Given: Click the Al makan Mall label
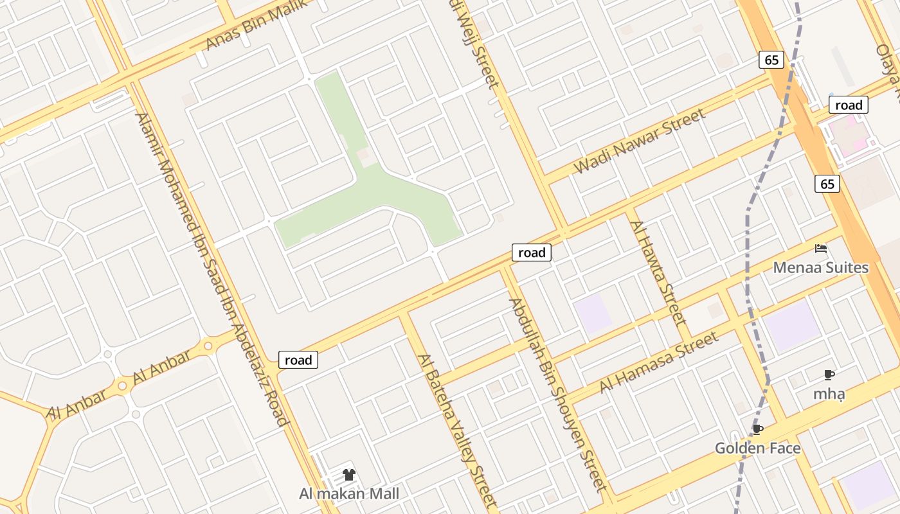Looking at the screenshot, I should point(349,493).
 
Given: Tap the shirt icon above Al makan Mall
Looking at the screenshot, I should point(349,475).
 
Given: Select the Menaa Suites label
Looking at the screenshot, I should point(820,267).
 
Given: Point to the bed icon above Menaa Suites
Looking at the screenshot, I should point(820,249).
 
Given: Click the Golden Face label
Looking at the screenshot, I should point(758,448).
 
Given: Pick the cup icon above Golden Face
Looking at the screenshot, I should point(758,429).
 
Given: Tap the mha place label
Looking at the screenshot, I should point(829,394).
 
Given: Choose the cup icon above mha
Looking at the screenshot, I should point(829,375).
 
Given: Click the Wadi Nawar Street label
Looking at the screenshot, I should point(640,141).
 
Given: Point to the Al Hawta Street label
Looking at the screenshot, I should point(659,272).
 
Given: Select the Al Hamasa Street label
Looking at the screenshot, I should point(658,362).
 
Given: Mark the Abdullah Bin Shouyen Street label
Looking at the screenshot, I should point(557,394).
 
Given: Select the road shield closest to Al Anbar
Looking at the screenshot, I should point(298,360).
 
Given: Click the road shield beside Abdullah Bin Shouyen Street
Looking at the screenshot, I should point(532,253).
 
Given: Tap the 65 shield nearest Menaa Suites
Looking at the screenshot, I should point(827,184).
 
